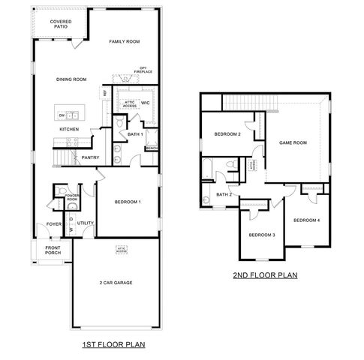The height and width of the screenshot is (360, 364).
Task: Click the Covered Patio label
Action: pyautogui.click(x=61, y=25)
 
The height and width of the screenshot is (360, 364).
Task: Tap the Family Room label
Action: pyautogui.click(x=124, y=42)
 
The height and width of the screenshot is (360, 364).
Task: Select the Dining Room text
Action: pyautogui.click(x=72, y=79)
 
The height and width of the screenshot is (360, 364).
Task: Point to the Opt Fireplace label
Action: pyautogui.click(x=143, y=70)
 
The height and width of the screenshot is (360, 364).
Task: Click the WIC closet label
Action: pyautogui.click(x=146, y=103)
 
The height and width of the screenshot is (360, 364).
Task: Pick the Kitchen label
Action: pyautogui.click(x=69, y=130)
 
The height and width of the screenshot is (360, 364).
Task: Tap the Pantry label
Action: pyautogui.click(x=91, y=157)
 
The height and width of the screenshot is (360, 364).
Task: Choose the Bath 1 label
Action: pyautogui.click(x=135, y=134)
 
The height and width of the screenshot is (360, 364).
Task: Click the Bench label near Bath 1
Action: pyautogui.click(x=152, y=148)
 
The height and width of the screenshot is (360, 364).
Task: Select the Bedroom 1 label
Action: pyautogui.click(x=128, y=202)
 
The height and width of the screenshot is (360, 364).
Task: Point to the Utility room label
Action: pyautogui.click(x=85, y=223)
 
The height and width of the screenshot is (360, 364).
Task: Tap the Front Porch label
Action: pyautogui.click(x=53, y=250)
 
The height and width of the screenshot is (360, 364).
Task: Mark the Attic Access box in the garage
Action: pyautogui.click(x=122, y=249)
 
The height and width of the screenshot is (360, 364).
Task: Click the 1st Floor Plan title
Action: pyautogui.click(x=113, y=345)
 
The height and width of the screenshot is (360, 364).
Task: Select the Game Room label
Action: pyautogui.click(x=294, y=142)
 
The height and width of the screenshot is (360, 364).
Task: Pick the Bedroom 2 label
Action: pyautogui.click(x=227, y=134)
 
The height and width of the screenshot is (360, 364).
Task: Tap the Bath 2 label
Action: pyautogui.click(x=223, y=194)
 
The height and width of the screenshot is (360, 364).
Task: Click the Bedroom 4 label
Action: pyautogui.click(x=306, y=220)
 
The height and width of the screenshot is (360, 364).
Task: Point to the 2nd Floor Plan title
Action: pyautogui.click(x=265, y=275)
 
